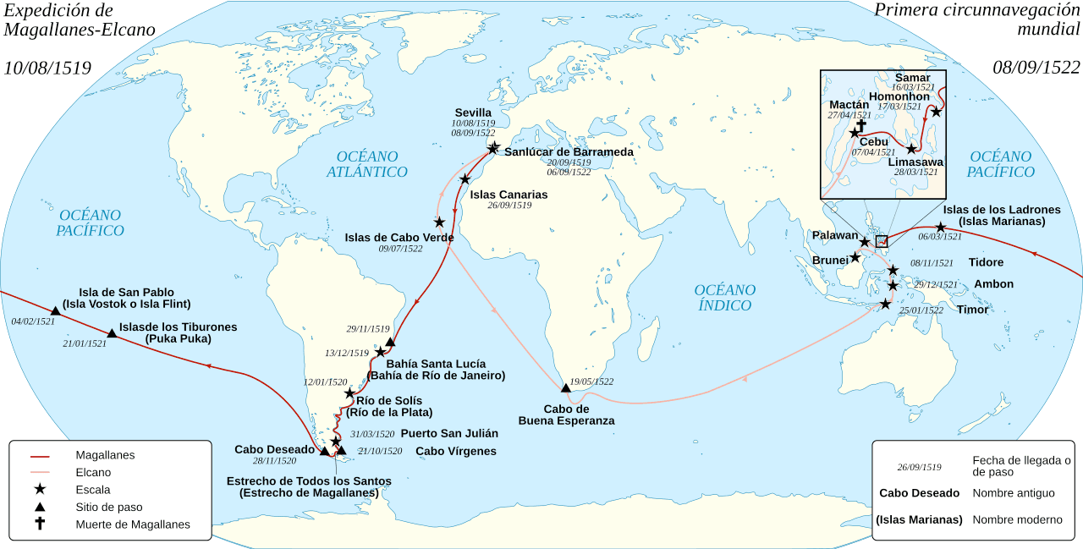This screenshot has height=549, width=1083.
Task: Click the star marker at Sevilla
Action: click(x=493, y=148)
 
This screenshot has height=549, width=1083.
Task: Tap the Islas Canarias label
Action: click(x=509, y=195)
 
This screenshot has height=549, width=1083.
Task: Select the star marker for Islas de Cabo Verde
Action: click(x=439, y=222)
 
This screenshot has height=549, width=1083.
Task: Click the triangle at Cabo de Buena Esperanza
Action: click(x=566, y=388)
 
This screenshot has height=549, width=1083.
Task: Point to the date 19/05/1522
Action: click(x=591, y=382)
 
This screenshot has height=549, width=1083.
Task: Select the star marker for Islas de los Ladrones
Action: click(x=941, y=228)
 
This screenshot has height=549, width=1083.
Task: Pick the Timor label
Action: click(x=972, y=310)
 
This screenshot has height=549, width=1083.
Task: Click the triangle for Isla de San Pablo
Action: click(x=55, y=311)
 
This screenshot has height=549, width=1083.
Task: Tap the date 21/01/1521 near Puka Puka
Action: click(x=85, y=343)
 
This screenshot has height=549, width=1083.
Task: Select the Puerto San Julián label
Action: click(x=449, y=433)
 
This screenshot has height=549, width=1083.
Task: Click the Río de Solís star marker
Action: click(x=349, y=393)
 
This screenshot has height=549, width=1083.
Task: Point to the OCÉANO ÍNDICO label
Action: click(x=725, y=298)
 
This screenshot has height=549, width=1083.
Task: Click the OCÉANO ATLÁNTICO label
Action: click(x=367, y=164)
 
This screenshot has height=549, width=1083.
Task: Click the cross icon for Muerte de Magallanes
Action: click(x=40, y=524)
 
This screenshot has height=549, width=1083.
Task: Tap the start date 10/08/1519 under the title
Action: click(x=47, y=68)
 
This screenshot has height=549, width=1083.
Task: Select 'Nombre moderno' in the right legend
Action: click(x=1015, y=519)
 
